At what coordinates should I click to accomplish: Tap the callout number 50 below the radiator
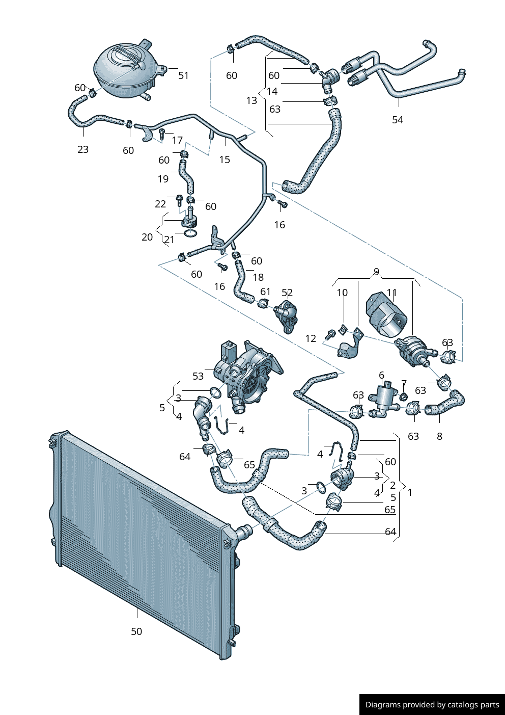pos(136,631)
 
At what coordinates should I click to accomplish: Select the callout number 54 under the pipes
pos(398,120)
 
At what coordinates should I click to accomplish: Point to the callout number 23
pos(83,149)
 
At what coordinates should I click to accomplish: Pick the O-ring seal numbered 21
pos(190,233)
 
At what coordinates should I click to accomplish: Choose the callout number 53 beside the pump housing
pos(198,376)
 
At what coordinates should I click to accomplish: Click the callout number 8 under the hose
pos(439,436)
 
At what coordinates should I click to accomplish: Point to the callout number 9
pos(376,272)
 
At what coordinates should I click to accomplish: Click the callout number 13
pos(251,100)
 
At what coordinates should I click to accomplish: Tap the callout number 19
pos(163,179)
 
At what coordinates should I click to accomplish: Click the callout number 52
pos(287,293)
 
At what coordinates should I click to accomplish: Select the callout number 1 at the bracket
pos(410,492)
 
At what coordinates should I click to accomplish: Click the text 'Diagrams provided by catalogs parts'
pos(432,704)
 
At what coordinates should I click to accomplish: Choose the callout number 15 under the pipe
pos(225,160)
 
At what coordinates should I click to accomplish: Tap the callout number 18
pos(258,277)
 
